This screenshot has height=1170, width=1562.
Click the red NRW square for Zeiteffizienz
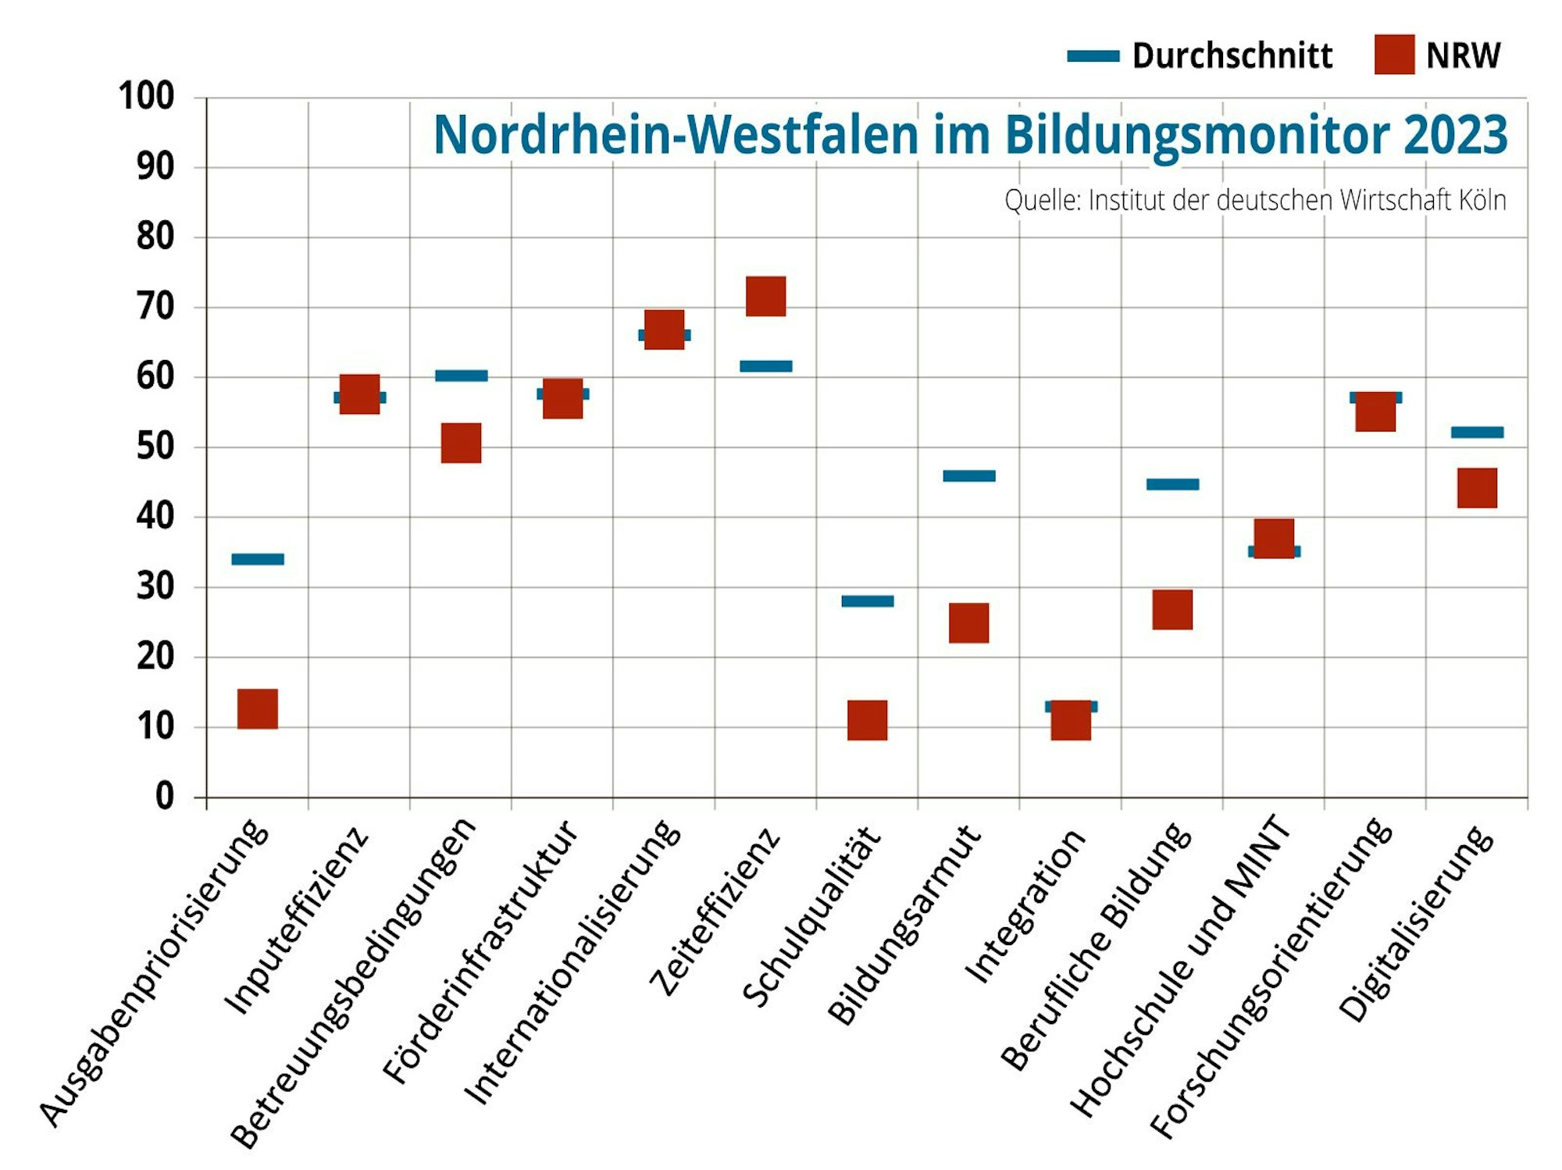tap(765, 296)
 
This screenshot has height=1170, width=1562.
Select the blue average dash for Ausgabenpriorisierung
tap(258, 559)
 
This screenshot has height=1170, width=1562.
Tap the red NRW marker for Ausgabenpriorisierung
tap(258, 709)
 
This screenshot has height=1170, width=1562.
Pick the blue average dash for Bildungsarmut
tap(969, 476)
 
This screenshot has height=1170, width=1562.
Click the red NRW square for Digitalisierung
tap(1477, 488)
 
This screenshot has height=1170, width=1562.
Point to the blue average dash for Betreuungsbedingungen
tap(461, 376)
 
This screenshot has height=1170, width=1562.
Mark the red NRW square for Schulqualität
tap(867, 720)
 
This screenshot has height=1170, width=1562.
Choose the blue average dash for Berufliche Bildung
tap(1172, 484)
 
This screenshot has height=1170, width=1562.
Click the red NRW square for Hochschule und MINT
tap(1274, 538)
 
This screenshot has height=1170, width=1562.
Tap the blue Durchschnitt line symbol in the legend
tap(1093, 56)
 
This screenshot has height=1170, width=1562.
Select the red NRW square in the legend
tap(1394, 55)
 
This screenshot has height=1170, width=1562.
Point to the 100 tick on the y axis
tap(146, 97)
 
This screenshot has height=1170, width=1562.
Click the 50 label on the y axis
tap(155, 447)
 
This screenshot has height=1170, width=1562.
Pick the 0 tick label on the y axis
tap(164, 797)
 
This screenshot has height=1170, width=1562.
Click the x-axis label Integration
tap(1025, 906)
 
